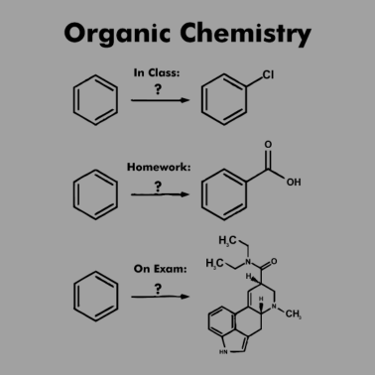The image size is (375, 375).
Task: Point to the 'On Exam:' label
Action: pyautogui.click(x=156, y=268)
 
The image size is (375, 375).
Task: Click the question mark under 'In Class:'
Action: pyautogui.click(x=156, y=88)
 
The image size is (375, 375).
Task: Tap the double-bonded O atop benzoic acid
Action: pyautogui.click(x=265, y=145)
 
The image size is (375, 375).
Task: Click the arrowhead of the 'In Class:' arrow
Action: pyautogui.click(x=185, y=100)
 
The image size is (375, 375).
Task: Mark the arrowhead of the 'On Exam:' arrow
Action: pyautogui.click(x=185, y=297)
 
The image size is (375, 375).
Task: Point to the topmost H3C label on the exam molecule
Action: pyautogui.click(x=228, y=240)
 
